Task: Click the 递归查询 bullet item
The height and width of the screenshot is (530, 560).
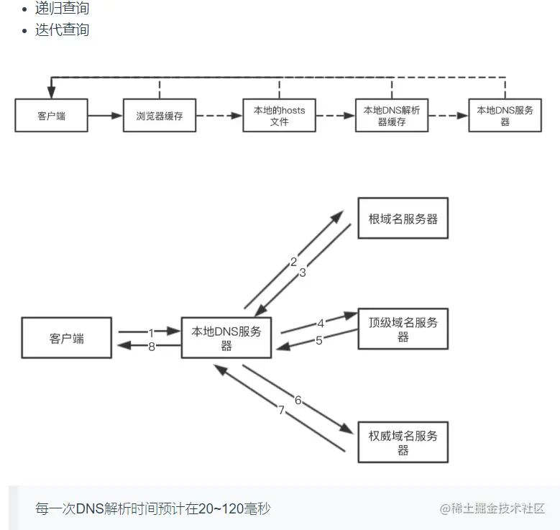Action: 62,9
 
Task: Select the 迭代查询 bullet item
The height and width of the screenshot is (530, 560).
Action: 62,30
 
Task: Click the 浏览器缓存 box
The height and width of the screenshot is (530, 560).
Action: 159,116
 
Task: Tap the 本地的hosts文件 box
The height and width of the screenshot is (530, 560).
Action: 279,116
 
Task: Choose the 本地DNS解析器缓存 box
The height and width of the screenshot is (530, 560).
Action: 392,116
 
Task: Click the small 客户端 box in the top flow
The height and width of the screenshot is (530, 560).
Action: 51,116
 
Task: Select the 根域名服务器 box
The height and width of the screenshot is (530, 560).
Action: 403,219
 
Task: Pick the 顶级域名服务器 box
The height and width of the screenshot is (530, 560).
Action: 403,329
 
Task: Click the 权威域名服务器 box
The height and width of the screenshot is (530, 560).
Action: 403,442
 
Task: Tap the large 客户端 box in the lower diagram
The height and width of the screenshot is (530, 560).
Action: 67,338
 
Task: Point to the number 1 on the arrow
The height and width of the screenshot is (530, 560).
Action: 152,333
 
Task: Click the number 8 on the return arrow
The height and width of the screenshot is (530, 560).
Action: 152,347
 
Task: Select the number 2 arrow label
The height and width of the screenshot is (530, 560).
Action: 293,262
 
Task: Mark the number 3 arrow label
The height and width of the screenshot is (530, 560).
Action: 303,273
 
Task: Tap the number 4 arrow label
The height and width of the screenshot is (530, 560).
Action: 321,324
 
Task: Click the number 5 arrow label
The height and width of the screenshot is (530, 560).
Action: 319,340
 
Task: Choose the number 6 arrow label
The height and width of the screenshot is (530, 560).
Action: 298,401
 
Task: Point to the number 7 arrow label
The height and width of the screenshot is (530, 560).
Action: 282,411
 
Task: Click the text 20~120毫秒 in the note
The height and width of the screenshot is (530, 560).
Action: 215,509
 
